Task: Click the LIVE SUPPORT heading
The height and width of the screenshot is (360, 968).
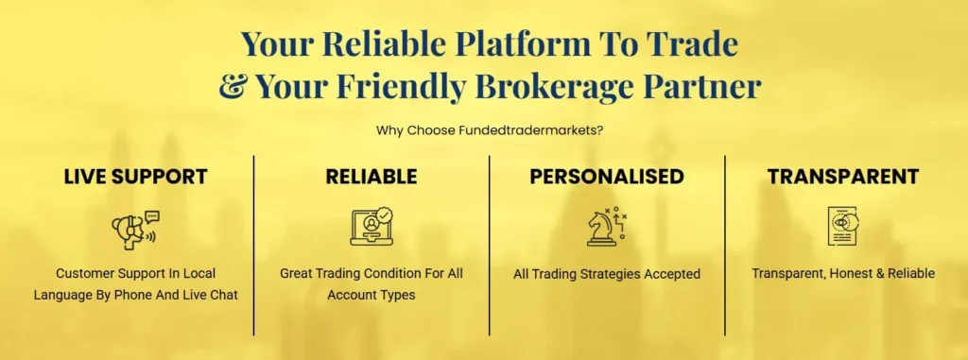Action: click(135, 177)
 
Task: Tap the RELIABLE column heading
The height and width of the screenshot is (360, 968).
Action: click(372, 177)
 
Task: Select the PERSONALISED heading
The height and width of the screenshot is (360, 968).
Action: click(607, 177)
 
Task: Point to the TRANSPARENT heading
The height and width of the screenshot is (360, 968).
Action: click(843, 177)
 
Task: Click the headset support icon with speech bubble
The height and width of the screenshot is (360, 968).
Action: click(135, 227)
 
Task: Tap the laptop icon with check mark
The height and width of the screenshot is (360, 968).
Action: click(371, 227)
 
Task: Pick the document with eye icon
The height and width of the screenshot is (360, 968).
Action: click(842, 227)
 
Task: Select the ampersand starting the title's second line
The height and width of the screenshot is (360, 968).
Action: click(233, 87)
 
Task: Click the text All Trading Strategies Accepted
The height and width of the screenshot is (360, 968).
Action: click(607, 274)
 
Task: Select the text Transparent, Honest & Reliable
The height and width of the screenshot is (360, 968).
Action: click(843, 273)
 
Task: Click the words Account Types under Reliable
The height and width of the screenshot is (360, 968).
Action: click(371, 295)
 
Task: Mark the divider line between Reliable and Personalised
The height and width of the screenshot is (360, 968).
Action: click(490, 246)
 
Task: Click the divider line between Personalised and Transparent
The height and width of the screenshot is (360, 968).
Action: click(725, 246)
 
